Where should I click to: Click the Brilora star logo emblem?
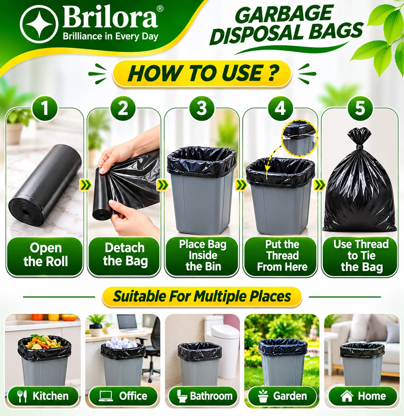tap(39, 24)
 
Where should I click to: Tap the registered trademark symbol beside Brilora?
tap(160, 9)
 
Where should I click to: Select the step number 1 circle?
tap(45, 108)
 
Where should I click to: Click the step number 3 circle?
tap(202, 108)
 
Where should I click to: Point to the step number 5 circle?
tap(360, 108)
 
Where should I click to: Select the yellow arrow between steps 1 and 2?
tap(85, 185)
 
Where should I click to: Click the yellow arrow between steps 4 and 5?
tap(320, 185)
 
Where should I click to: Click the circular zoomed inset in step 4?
tap(299, 137)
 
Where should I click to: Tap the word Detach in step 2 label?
tap(125, 248)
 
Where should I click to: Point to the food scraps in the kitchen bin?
tap(43, 342)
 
